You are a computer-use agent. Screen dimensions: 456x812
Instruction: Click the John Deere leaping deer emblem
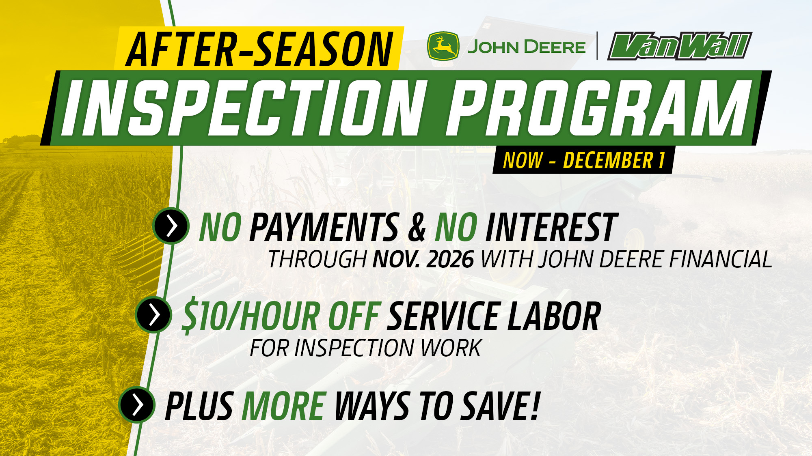[443, 46]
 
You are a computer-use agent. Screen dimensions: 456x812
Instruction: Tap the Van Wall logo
[679, 46]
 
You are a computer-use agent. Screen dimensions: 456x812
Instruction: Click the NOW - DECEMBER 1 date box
[583, 160]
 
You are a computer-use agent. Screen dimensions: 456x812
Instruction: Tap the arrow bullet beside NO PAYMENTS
[171, 226]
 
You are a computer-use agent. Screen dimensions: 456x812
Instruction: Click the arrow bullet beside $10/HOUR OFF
[154, 314]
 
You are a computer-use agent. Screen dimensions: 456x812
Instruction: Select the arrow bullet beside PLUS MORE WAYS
[137, 404]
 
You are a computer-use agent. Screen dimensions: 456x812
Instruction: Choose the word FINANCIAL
[720, 259]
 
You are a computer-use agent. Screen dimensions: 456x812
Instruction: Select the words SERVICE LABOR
[494, 316]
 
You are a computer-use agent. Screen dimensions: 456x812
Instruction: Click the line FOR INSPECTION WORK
[365, 348]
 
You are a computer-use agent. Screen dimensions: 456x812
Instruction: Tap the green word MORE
[284, 406]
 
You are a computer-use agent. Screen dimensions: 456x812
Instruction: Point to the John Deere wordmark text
[526, 47]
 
